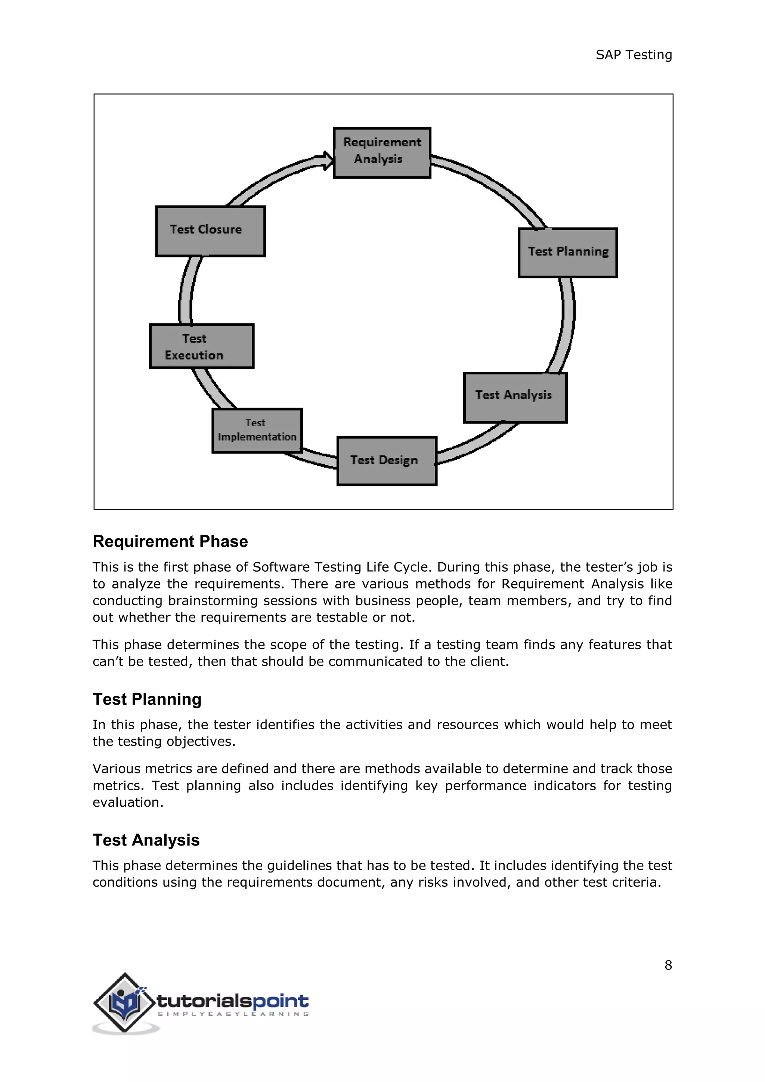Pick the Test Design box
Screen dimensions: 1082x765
387,460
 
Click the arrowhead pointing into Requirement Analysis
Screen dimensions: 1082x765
326,160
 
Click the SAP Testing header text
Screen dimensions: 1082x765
633,55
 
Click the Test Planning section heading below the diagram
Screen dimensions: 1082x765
147,699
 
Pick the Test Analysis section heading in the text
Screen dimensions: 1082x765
146,840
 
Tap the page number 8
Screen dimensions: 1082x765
668,965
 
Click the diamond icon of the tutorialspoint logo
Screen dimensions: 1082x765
124,1002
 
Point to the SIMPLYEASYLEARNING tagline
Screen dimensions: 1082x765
233,1014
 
